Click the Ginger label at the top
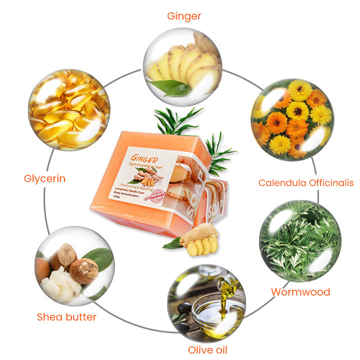click(x=183, y=16)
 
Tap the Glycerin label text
click(x=44, y=178)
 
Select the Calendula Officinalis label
click(x=305, y=183)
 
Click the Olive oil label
click(x=208, y=349)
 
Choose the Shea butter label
click(x=66, y=316)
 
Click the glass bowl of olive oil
click(x=212, y=307)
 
